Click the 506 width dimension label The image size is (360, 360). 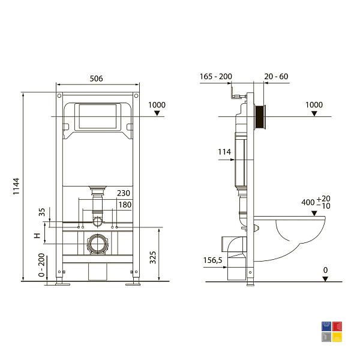(x=96, y=79)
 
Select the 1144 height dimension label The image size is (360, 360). (x=16, y=186)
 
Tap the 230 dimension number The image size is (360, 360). (x=124, y=193)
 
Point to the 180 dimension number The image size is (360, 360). (x=125, y=205)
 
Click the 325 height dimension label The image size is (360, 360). (x=152, y=257)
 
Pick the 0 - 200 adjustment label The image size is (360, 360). (x=41, y=265)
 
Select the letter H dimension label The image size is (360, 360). (x=37, y=236)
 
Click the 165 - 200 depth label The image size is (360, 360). (x=216, y=76)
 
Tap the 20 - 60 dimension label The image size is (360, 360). (x=276, y=76)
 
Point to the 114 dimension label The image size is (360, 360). (x=224, y=152)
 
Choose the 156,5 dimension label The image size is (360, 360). (x=212, y=260)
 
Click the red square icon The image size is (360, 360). (x=337, y=326)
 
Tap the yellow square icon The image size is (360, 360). (x=337, y=337)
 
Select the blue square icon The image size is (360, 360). (x=326, y=326)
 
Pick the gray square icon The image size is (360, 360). (x=326, y=337)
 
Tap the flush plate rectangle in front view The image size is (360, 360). (x=98, y=116)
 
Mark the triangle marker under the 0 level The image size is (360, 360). (x=325, y=279)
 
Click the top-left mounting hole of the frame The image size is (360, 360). (x=59, y=95)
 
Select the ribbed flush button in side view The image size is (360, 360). (x=260, y=117)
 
